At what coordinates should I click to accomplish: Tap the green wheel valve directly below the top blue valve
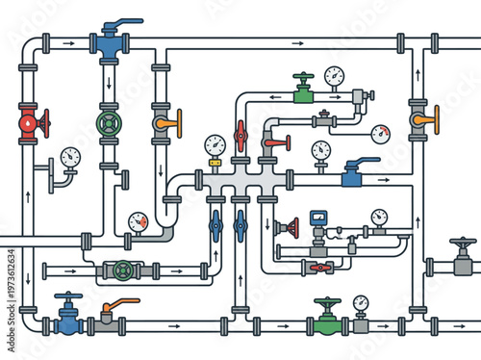pos(108,124)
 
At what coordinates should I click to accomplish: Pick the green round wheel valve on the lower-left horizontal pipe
pos(123,270)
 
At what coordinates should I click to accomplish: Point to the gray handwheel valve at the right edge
pos(464,257)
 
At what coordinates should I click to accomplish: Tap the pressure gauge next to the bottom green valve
pos(361,306)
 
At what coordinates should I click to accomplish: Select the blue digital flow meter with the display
pos(317,219)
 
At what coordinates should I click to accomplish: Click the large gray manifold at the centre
pos(237,180)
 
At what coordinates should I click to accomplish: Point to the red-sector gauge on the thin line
pos(382,134)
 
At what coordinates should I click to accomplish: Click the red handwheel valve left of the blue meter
pos(286,229)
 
